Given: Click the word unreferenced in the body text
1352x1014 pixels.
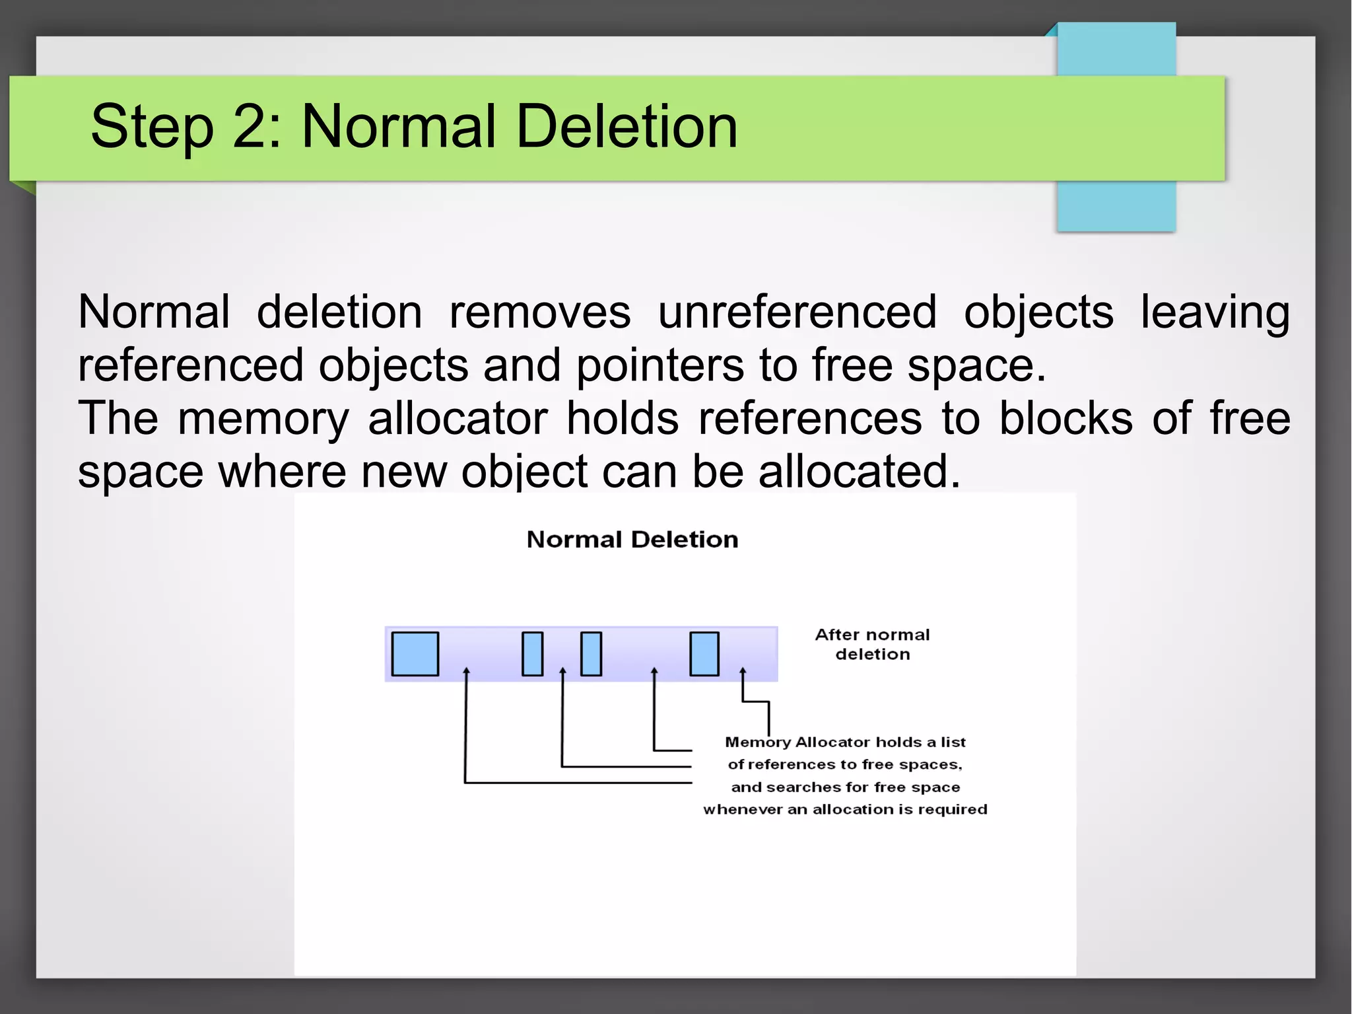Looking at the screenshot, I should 797,312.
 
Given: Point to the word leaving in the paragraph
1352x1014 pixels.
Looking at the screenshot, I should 1215,312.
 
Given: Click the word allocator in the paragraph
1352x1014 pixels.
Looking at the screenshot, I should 457,418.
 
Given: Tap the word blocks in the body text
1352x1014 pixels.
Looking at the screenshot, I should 1065,418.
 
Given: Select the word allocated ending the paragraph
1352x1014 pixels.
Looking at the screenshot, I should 859,471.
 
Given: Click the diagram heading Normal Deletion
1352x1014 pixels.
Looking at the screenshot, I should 632,540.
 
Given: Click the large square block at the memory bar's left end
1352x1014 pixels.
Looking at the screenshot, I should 415,654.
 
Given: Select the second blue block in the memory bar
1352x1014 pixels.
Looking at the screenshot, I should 532,654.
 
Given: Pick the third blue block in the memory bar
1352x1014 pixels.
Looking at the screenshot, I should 591,654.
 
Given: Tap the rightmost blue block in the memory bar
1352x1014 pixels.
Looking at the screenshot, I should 704,654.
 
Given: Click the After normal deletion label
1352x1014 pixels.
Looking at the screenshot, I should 872,644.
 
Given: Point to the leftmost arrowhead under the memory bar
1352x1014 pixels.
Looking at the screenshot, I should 466,671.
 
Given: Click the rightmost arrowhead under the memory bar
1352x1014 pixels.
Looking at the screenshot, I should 743,671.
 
